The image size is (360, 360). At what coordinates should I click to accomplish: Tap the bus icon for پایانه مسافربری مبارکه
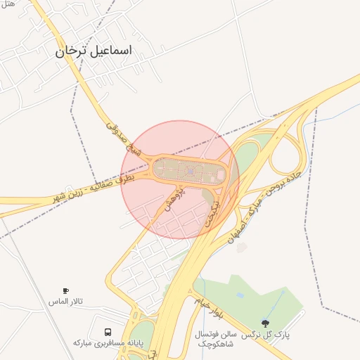point(108,331)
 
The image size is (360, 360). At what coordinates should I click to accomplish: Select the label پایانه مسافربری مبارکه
point(108,342)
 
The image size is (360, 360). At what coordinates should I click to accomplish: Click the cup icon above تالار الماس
point(65,290)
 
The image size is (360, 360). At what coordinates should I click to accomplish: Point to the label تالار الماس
point(65,301)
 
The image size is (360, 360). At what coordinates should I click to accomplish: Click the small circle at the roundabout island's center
point(190,169)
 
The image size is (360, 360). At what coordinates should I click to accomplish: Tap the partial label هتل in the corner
point(8,4)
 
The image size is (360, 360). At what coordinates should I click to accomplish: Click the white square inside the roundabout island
point(220,172)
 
